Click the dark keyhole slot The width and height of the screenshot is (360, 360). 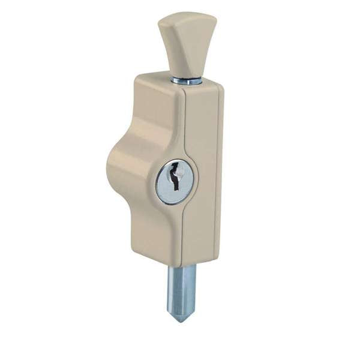[175, 177]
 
